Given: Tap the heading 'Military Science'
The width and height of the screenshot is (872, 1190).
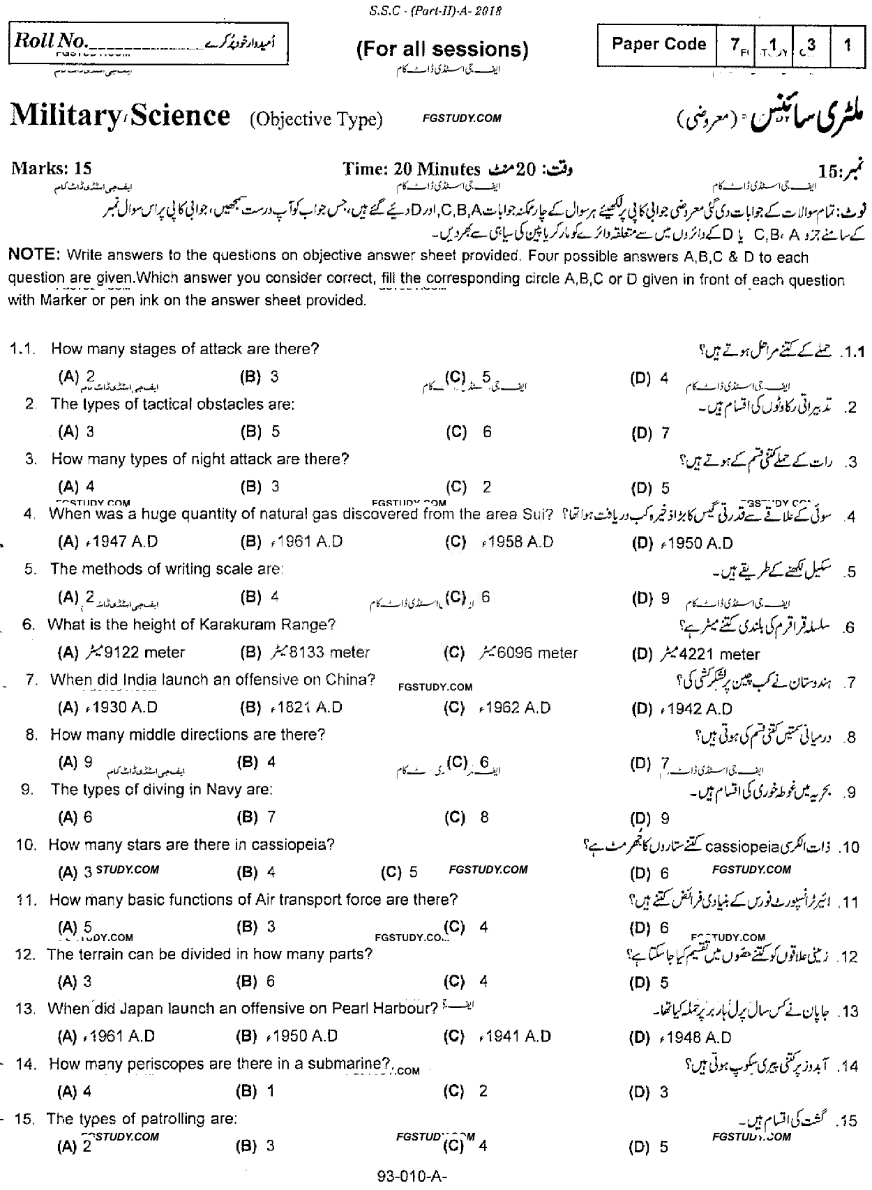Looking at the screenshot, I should click(x=120, y=116).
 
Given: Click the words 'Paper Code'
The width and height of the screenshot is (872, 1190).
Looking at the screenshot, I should click(x=659, y=45).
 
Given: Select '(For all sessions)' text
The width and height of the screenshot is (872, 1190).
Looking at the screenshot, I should click(x=442, y=49).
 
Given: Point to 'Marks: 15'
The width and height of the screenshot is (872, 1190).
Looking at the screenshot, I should click(x=52, y=169).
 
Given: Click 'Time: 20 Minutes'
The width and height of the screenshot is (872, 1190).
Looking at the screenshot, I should click(x=412, y=169).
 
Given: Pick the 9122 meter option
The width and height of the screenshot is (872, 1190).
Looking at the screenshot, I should click(x=144, y=653).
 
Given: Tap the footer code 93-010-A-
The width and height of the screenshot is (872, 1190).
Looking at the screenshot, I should click(x=411, y=1176).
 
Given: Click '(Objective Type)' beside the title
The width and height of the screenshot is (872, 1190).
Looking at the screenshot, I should click(x=317, y=119).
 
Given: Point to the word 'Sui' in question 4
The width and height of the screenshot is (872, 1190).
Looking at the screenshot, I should click(x=534, y=514).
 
